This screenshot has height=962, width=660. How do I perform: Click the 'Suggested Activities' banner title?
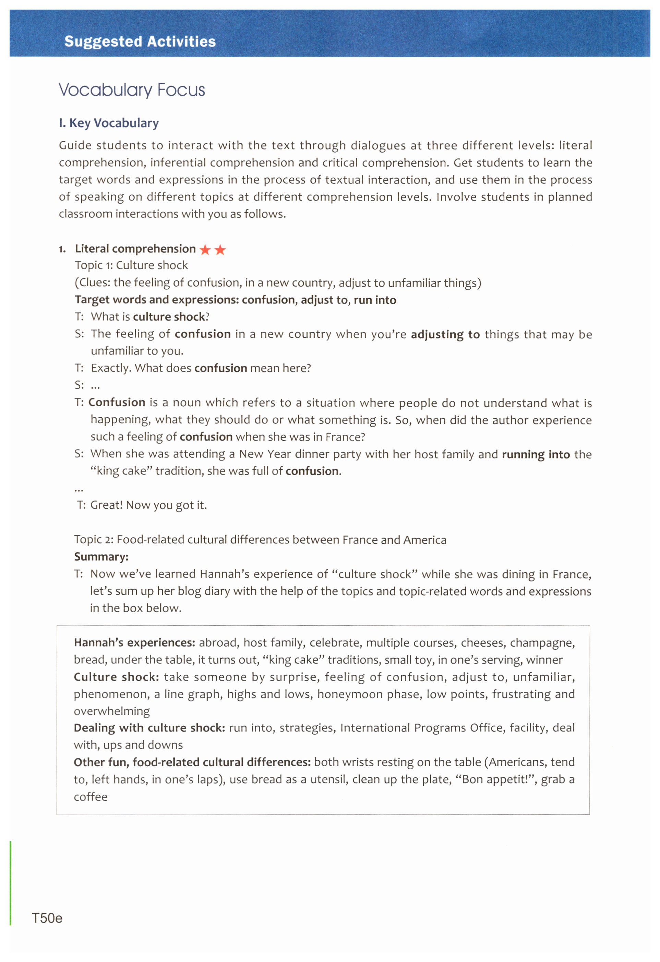(x=140, y=41)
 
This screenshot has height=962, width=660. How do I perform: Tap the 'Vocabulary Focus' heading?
(x=132, y=90)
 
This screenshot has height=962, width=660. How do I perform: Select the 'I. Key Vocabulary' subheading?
(x=108, y=123)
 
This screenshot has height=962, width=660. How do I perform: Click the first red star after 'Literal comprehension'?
(x=205, y=250)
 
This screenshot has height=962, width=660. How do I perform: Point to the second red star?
(x=220, y=250)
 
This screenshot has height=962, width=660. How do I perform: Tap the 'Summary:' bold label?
(x=101, y=557)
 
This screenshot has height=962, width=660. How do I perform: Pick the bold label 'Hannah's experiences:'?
(x=134, y=642)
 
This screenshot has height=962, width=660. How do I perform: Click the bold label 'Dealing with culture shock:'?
(x=149, y=728)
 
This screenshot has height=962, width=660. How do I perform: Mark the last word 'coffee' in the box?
(x=90, y=797)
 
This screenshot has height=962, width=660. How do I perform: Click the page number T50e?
(x=47, y=918)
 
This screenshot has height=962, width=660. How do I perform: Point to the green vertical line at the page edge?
(x=10, y=882)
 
